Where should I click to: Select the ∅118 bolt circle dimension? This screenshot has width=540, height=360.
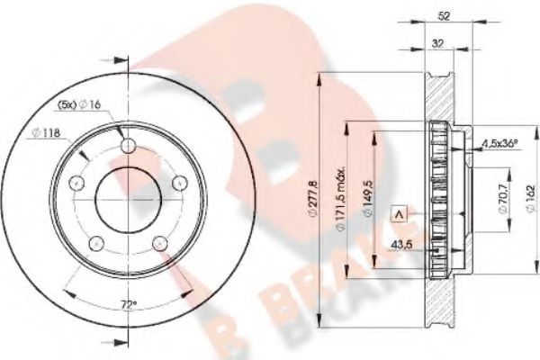(x=46, y=135)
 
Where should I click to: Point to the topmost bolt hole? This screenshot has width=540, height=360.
(x=127, y=147)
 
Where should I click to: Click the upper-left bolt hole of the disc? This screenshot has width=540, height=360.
(x=78, y=183)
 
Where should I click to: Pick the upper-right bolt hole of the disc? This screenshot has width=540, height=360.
(x=175, y=183)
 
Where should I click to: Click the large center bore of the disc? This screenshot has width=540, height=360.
(x=127, y=199)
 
